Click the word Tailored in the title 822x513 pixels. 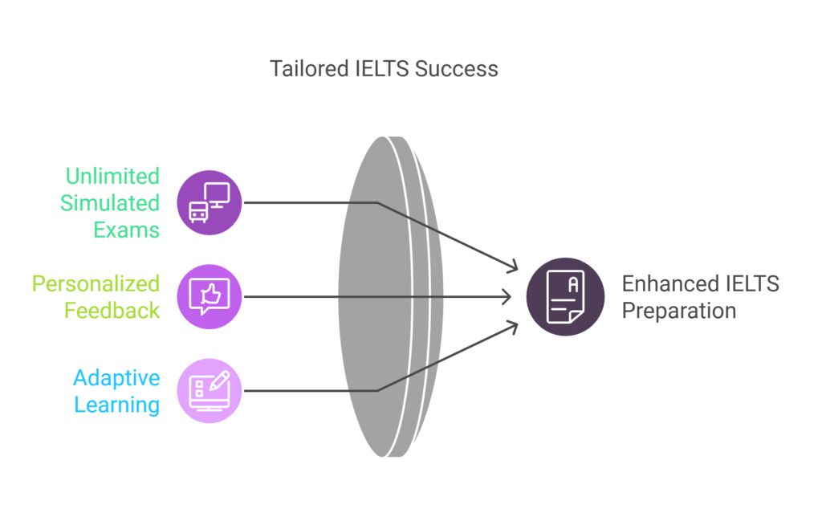[x=308, y=69]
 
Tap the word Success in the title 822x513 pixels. [x=456, y=69]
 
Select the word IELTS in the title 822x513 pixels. [x=383, y=69]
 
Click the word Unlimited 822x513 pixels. [x=112, y=177]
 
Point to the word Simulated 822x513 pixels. [x=110, y=203]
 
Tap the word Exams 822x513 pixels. [x=126, y=230]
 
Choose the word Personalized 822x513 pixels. [x=96, y=284]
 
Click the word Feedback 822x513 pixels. [x=113, y=311]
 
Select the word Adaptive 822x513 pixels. [x=116, y=378]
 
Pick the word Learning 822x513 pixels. [x=117, y=405]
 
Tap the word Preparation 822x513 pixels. [x=679, y=311]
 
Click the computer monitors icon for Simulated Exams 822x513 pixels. [x=209, y=202]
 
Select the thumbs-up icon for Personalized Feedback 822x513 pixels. [x=209, y=297]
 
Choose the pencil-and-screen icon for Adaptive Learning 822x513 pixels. [x=209, y=390]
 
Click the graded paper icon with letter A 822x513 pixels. [x=565, y=297]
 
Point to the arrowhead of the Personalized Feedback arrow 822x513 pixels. [x=507, y=297]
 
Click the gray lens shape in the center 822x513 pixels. [x=377, y=297]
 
